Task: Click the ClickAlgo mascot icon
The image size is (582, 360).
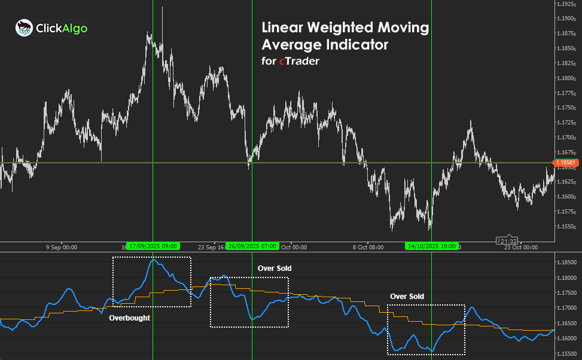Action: (24, 28)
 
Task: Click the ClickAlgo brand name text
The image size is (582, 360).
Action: (62, 28)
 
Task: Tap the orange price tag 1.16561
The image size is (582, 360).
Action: (565, 162)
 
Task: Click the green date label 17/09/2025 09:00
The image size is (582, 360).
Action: (153, 246)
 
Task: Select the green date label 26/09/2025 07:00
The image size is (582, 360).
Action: (252, 246)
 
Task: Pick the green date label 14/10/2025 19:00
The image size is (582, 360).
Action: (431, 246)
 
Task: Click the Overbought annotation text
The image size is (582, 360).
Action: (129, 318)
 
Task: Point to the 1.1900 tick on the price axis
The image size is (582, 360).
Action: (565, 19)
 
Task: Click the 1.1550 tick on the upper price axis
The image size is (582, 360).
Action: (565, 226)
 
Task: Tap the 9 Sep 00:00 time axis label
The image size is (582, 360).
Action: (62, 246)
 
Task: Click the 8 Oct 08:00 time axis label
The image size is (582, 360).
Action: (367, 246)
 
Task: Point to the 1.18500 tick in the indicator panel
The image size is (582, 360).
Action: (566, 263)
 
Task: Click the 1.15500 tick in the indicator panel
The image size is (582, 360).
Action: (566, 353)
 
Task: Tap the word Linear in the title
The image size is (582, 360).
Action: (287, 28)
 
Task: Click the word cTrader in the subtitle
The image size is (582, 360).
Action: (299, 61)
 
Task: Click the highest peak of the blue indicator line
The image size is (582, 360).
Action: (154, 260)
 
